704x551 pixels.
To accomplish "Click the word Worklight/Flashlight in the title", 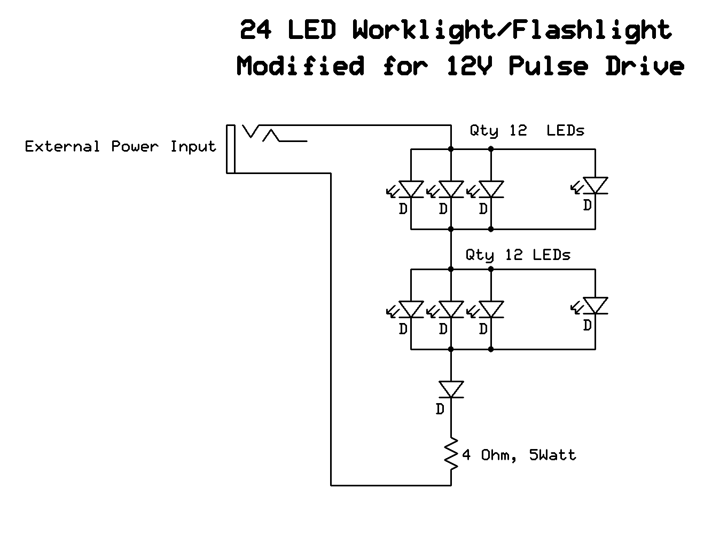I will pyautogui.click(x=512, y=30).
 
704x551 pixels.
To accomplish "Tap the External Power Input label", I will pyautogui.click(x=120, y=146).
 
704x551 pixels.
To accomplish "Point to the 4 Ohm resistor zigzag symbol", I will pyautogui.click(x=451, y=455).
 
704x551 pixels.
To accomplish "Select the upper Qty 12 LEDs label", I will pyautogui.click(x=527, y=130).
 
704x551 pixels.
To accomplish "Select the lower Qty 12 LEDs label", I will pyautogui.click(x=518, y=255).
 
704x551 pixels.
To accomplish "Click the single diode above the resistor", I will pyautogui.click(x=451, y=389).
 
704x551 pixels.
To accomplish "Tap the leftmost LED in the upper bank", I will pyautogui.click(x=411, y=189).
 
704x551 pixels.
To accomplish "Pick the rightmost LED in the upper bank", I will pyautogui.click(x=595, y=185).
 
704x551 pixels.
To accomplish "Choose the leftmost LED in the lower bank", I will pyautogui.click(x=411, y=309).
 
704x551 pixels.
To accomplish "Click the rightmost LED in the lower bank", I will pyautogui.click(x=595, y=305).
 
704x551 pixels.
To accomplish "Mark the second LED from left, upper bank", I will pyautogui.click(x=451, y=189).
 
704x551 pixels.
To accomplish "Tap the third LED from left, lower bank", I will pyautogui.click(x=491, y=309).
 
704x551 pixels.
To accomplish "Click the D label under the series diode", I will pyautogui.click(x=440, y=410).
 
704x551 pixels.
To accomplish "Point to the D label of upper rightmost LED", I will pyautogui.click(x=587, y=205).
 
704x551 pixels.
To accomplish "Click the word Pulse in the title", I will pyautogui.click(x=548, y=66).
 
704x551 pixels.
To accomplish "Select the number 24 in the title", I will pyautogui.click(x=256, y=30).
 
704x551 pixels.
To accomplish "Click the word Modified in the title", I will pyautogui.click(x=301, y=66).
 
